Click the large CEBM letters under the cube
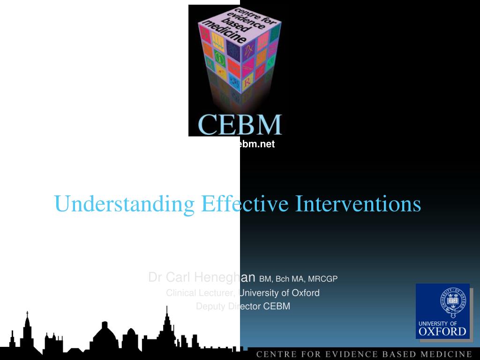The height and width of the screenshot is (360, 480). tap(240, 124)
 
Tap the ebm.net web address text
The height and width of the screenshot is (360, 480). tap(255, 144)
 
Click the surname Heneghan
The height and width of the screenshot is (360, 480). tap(224, 278)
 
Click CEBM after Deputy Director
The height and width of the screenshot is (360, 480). tap(277, 307)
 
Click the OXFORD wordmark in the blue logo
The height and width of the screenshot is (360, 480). tap(442, 331)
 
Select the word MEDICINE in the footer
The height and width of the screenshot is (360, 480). tap(447, 354)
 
